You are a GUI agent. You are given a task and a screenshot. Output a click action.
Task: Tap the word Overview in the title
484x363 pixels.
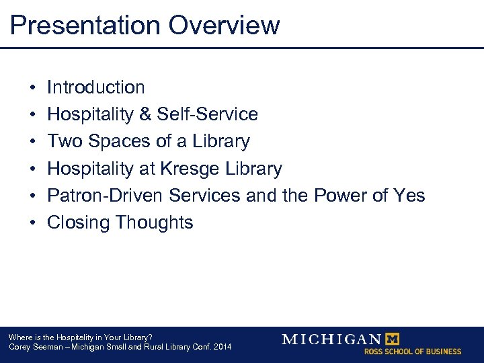224,26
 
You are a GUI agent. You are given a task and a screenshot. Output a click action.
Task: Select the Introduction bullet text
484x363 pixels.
95,87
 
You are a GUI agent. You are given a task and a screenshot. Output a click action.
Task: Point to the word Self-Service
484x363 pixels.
208,114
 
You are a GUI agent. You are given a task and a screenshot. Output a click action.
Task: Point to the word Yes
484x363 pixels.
409,196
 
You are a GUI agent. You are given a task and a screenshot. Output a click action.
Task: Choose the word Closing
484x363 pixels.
79,223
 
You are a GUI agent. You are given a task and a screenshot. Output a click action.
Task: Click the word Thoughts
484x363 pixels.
155,223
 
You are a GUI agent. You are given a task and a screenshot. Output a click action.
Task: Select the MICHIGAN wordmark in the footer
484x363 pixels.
331,339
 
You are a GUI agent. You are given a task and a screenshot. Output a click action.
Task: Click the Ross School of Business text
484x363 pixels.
413,352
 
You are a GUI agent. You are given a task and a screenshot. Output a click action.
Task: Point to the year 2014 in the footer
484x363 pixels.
220,347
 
